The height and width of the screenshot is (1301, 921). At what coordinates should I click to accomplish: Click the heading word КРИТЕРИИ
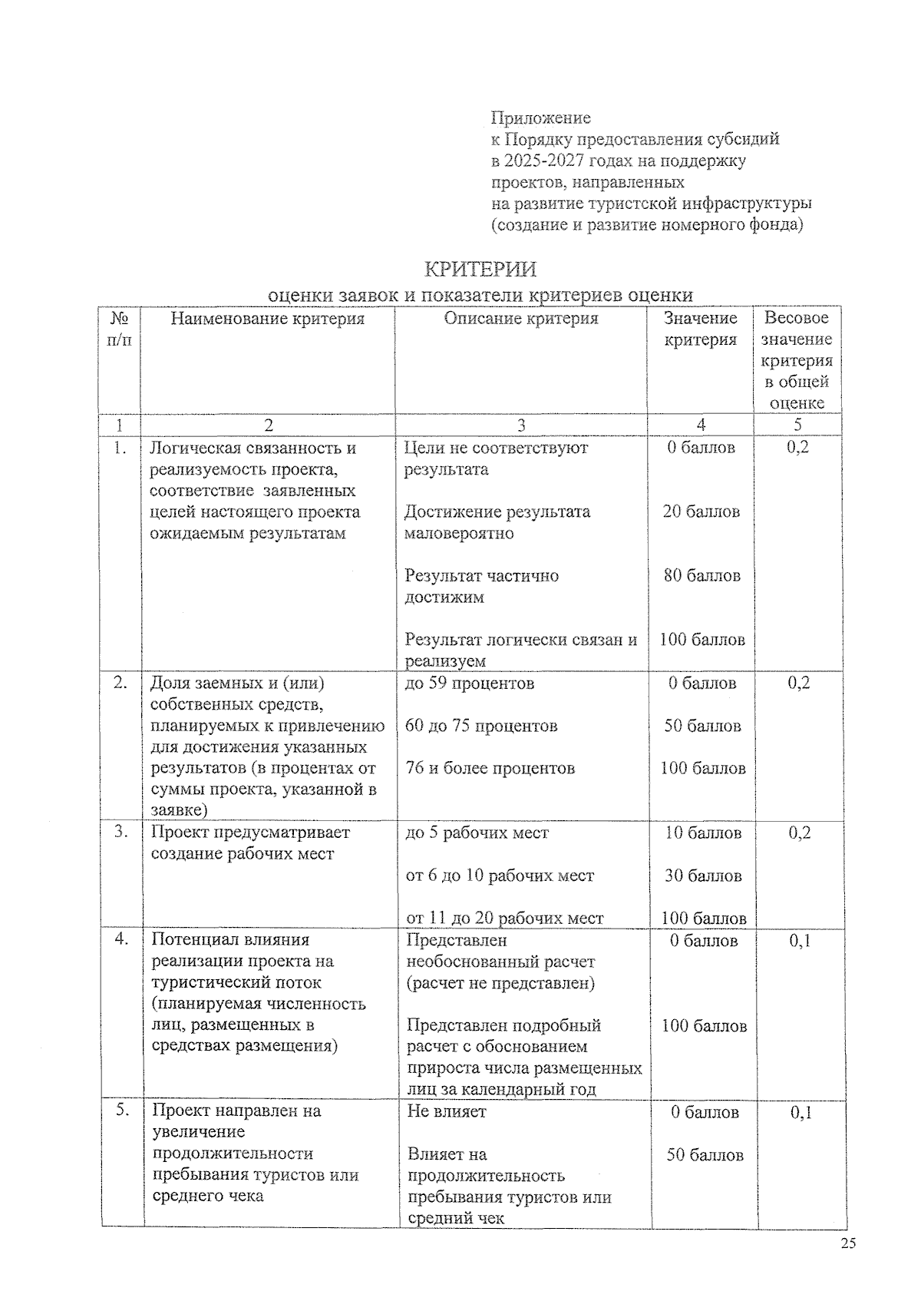point(480,270)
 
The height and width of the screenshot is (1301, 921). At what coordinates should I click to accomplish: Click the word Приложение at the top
point(541,118)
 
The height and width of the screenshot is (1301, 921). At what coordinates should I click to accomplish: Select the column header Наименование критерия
point(267,318)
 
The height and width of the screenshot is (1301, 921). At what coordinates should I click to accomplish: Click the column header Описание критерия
point(521,318)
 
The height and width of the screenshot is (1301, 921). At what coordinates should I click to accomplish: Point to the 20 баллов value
point(701,511)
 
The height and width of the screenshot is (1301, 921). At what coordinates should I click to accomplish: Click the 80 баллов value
point(701,575)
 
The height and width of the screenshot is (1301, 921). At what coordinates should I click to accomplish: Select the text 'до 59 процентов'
point(470,683)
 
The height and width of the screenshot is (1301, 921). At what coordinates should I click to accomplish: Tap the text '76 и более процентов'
point(490,768)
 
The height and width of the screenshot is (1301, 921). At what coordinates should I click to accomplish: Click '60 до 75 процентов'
point(481,726)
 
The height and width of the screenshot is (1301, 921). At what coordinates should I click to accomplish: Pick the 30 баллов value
point(703,876)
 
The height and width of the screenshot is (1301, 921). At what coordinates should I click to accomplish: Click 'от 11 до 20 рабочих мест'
point(505,918)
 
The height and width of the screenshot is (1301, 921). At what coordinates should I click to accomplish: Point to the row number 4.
point(120,939)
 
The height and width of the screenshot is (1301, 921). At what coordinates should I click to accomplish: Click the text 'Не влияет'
point(447,1111)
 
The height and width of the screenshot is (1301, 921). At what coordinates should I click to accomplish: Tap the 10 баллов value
point(703,833)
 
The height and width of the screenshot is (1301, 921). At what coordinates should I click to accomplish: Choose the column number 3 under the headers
point(521,425)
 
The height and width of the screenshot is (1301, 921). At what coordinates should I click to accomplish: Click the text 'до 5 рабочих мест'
point(477,833)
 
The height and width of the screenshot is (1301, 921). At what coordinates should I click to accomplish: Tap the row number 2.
point(120,682)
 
